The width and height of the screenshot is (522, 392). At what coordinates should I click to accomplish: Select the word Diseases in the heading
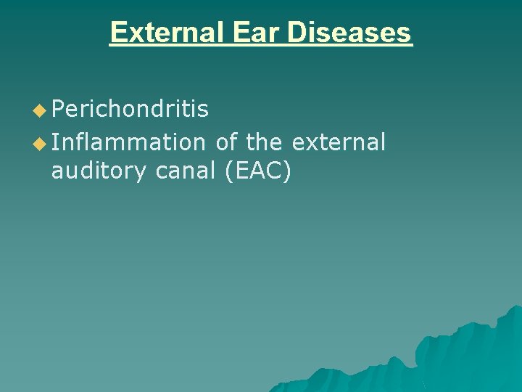[349, 33]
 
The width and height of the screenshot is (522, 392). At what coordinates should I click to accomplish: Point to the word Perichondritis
[130, 110]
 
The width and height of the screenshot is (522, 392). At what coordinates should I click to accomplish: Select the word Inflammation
[128, 143]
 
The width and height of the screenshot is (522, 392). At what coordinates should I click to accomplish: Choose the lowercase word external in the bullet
[339, 143]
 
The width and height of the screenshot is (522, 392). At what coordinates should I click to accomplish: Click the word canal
[185, 173]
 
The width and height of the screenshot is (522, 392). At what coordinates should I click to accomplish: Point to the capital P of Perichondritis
[59, 110]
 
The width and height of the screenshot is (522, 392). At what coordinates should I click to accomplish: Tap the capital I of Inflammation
[57, 143]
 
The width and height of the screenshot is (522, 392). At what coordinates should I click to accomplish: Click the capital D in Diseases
[297, 33]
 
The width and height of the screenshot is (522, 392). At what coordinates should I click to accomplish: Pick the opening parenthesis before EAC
[231, 173]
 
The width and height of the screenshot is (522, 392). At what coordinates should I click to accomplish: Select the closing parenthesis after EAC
[286, 173]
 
